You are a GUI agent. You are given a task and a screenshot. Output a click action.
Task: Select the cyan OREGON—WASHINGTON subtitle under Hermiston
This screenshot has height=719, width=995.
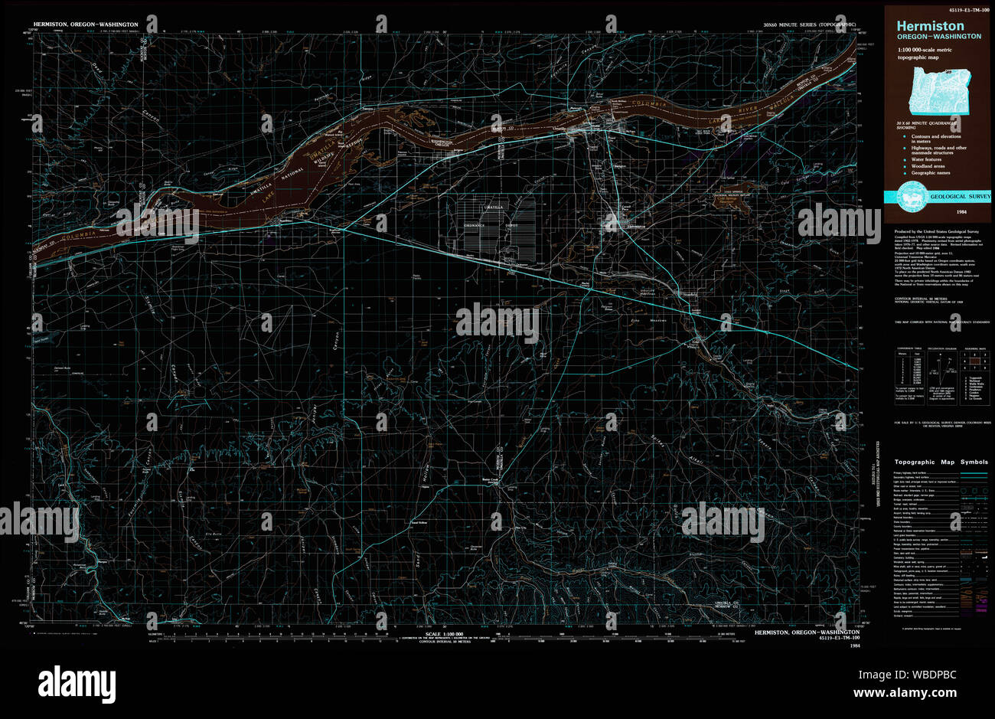pos(939,36)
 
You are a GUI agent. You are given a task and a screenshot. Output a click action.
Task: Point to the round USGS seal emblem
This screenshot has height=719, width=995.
pos(912,194)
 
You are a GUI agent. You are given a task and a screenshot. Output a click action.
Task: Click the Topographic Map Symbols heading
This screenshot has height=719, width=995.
pos(941,462)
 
